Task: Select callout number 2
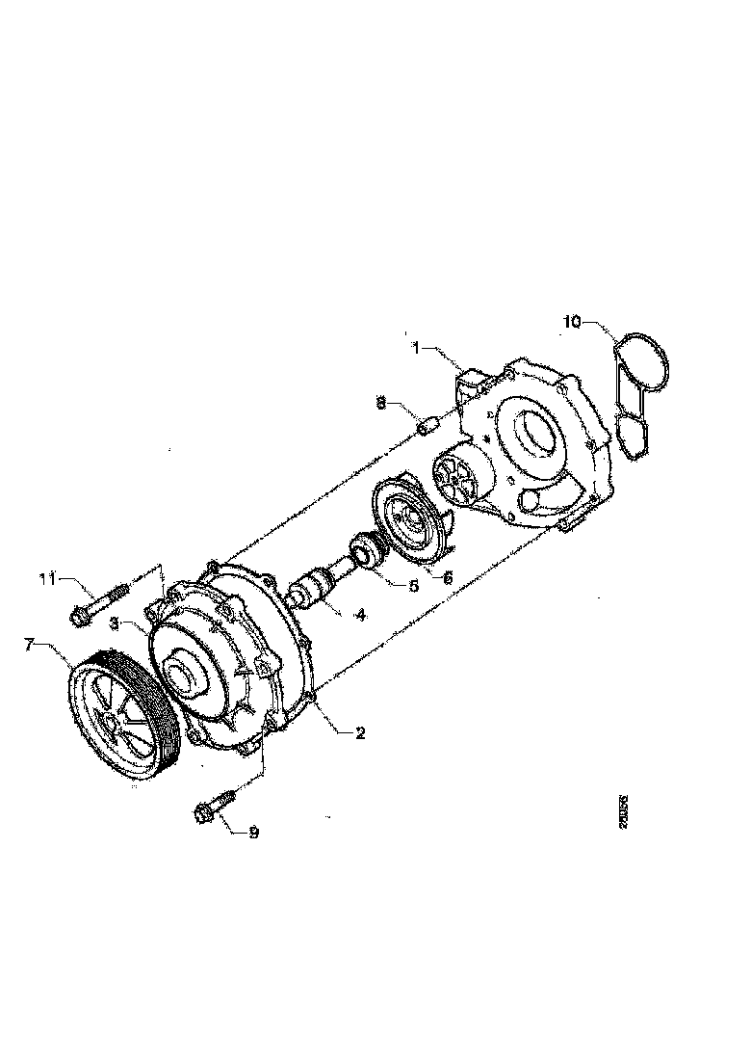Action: [x=360, y=733]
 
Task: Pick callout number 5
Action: [x=413, y=585]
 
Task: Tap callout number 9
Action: [x=253, y=832]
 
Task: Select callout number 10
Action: [x=572, y=321]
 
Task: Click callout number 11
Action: [x=47, y=578]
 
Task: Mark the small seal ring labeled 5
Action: [x=367, y=550]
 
